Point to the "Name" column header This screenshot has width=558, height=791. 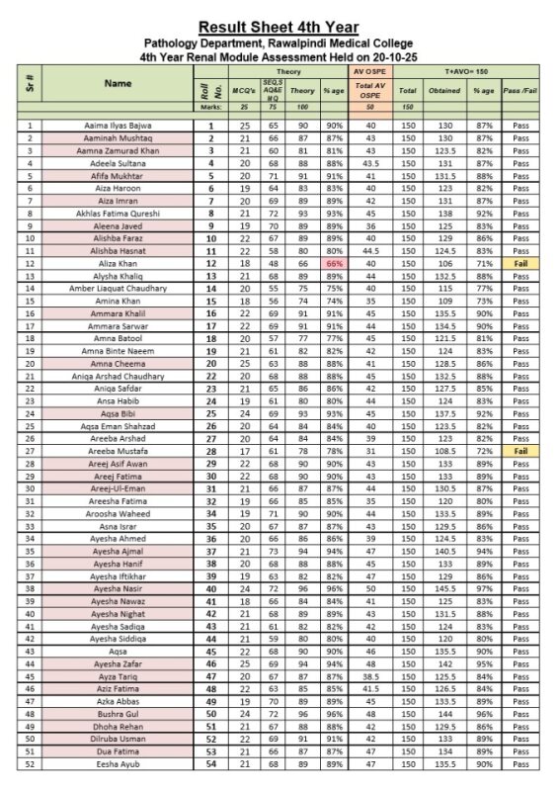(x=118, y=84)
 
